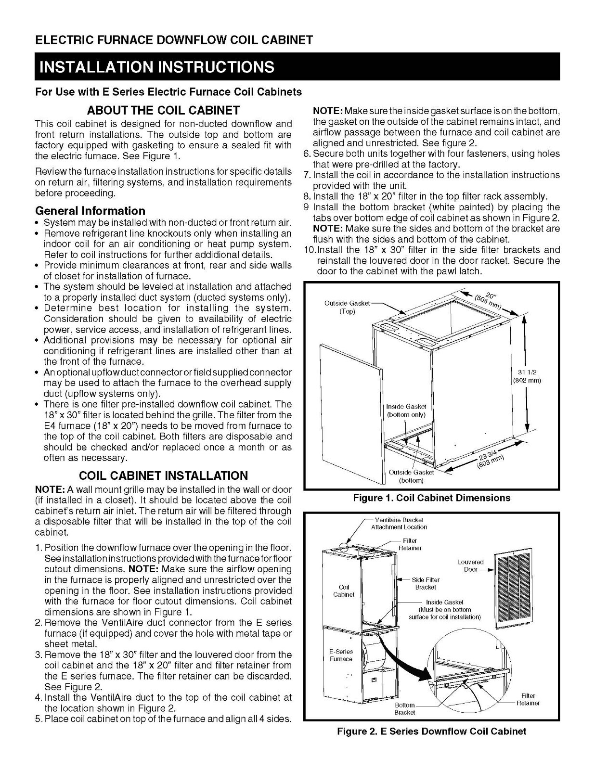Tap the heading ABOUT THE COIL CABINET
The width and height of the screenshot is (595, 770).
pyautogui.click(x=163, y=110)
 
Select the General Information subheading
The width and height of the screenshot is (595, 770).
pyautogui.click(x=90, y=211)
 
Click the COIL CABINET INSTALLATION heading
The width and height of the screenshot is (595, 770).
pyautogui.click(x=163, y=475)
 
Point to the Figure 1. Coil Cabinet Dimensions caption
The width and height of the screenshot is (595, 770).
pyautogui.click(x=431, y=498)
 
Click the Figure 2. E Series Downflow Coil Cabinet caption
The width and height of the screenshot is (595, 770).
pyautogui.click(x=431, y=731)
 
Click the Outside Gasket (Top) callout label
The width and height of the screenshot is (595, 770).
pyautogui.click(x=347, y=307)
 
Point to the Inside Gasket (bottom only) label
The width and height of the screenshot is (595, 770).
pyautogui.click(x=406, y=411)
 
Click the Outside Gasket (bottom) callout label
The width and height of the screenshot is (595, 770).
pyautogui.click(x=412, y=476)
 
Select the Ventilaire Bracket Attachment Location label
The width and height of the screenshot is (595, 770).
pyautogui.click(x=399, y=524)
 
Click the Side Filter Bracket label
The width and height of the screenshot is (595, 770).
pyautogui.click(x=426, y=583)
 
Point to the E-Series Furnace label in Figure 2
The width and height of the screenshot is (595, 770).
pyautogui.click(x=341, y=655)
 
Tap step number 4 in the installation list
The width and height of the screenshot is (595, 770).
pyautogui.click(x=38, y=698)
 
